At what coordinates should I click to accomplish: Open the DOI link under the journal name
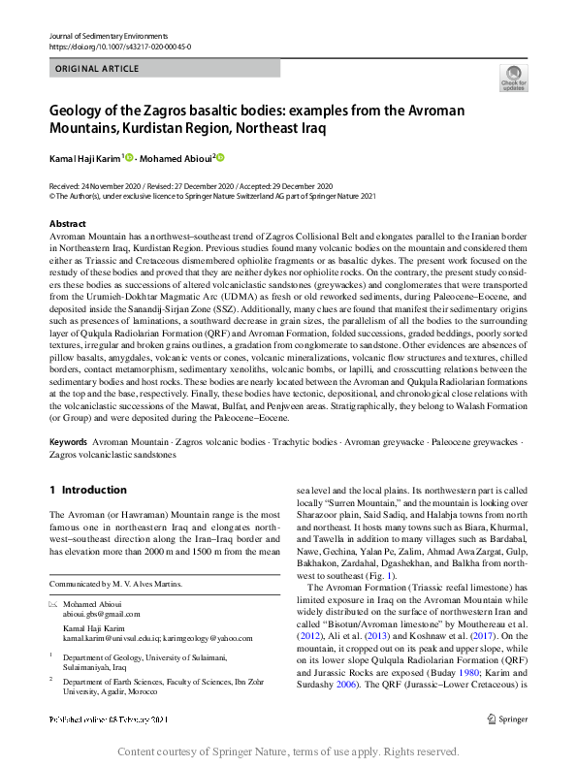pyautogui.click(x=119, y=46)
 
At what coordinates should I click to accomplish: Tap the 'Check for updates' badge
pyautogui.click(x=513, y=79)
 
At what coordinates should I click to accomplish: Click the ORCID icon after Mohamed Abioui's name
pyautogui.click(x=220, y=158)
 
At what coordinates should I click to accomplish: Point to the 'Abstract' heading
pyautogui.click(x=68, y=224)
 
